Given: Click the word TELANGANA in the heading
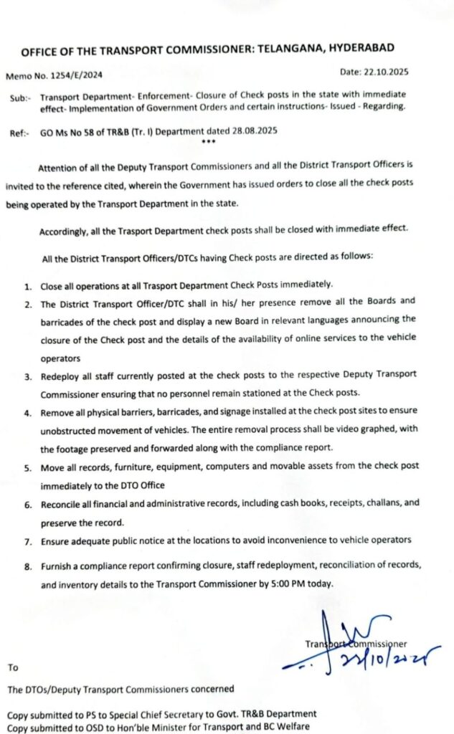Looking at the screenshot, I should pos(294,51).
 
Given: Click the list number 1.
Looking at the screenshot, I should pos(27,286).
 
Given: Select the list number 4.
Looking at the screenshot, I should pos(27,414).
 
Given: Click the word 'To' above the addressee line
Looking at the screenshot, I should pos(12,667).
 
